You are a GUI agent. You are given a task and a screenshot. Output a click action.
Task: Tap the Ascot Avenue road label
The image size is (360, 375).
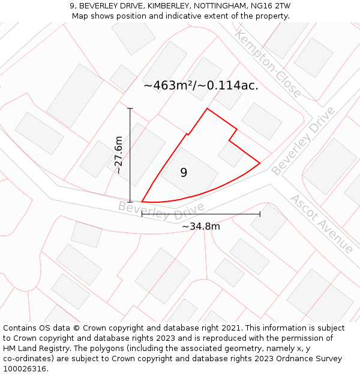point(322,223)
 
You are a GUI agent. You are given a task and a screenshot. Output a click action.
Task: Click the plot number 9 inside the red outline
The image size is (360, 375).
point(184,173)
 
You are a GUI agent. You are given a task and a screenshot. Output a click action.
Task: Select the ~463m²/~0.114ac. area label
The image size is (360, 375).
point(201,85)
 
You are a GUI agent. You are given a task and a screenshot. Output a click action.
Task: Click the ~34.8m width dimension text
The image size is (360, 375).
point(201,226)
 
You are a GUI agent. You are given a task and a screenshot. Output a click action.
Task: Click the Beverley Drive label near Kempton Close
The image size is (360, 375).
point(303,142)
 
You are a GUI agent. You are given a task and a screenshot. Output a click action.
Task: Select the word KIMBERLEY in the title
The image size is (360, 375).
point(169,6)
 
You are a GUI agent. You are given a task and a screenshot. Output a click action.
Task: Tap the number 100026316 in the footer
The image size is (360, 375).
point(25,368)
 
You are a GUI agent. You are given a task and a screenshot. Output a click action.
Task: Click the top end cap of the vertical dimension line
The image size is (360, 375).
point(130,108)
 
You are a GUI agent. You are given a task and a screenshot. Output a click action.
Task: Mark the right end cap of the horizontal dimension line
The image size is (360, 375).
point(260,214)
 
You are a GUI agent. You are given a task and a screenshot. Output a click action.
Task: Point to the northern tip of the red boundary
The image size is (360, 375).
point(207,109)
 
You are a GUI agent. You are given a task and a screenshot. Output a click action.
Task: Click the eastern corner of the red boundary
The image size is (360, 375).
point(260,163)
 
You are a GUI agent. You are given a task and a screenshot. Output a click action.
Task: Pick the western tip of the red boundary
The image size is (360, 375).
point(142,202)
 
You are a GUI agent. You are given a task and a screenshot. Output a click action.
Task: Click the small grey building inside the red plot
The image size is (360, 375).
point(230,154)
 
